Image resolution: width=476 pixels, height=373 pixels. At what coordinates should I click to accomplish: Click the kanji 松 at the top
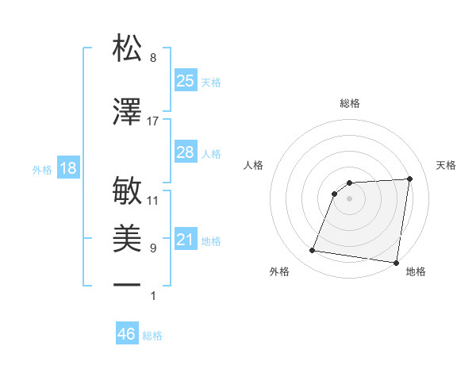[128, 48]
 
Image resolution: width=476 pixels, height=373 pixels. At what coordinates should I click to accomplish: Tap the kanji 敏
[128, 190]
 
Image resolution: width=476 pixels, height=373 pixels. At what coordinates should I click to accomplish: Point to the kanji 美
[128, 238]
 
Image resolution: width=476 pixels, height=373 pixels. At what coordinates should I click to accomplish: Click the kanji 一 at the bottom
[128, 284]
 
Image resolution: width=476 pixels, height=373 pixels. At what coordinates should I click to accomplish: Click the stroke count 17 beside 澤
[153, 121]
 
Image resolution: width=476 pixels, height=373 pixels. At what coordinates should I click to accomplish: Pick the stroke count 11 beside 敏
[153, 201]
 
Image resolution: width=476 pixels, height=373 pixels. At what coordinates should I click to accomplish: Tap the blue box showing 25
[186, 80]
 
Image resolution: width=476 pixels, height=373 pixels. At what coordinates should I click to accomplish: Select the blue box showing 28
[186, 152]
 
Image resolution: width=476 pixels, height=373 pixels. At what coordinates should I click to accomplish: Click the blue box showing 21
[186, 240]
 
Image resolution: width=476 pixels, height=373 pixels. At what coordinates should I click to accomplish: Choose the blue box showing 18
[67, 168]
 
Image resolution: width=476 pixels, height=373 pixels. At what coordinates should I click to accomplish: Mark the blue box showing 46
[126, 334]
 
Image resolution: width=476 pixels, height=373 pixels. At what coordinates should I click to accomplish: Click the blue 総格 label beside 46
[152, 336]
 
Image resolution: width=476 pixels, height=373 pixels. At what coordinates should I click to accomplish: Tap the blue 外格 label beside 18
[42, 170]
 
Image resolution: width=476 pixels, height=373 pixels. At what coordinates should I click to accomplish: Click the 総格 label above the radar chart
[350, 103]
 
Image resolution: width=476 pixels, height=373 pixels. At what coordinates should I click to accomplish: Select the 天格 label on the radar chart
[446, 165]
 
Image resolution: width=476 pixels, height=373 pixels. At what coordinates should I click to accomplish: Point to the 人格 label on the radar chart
[254, 165]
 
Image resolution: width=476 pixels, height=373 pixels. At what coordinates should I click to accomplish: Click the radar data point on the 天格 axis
[409, 179]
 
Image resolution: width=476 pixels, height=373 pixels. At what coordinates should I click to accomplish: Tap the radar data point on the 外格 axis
[313, 251]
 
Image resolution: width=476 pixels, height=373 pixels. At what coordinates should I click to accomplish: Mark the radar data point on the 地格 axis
[396, 263]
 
